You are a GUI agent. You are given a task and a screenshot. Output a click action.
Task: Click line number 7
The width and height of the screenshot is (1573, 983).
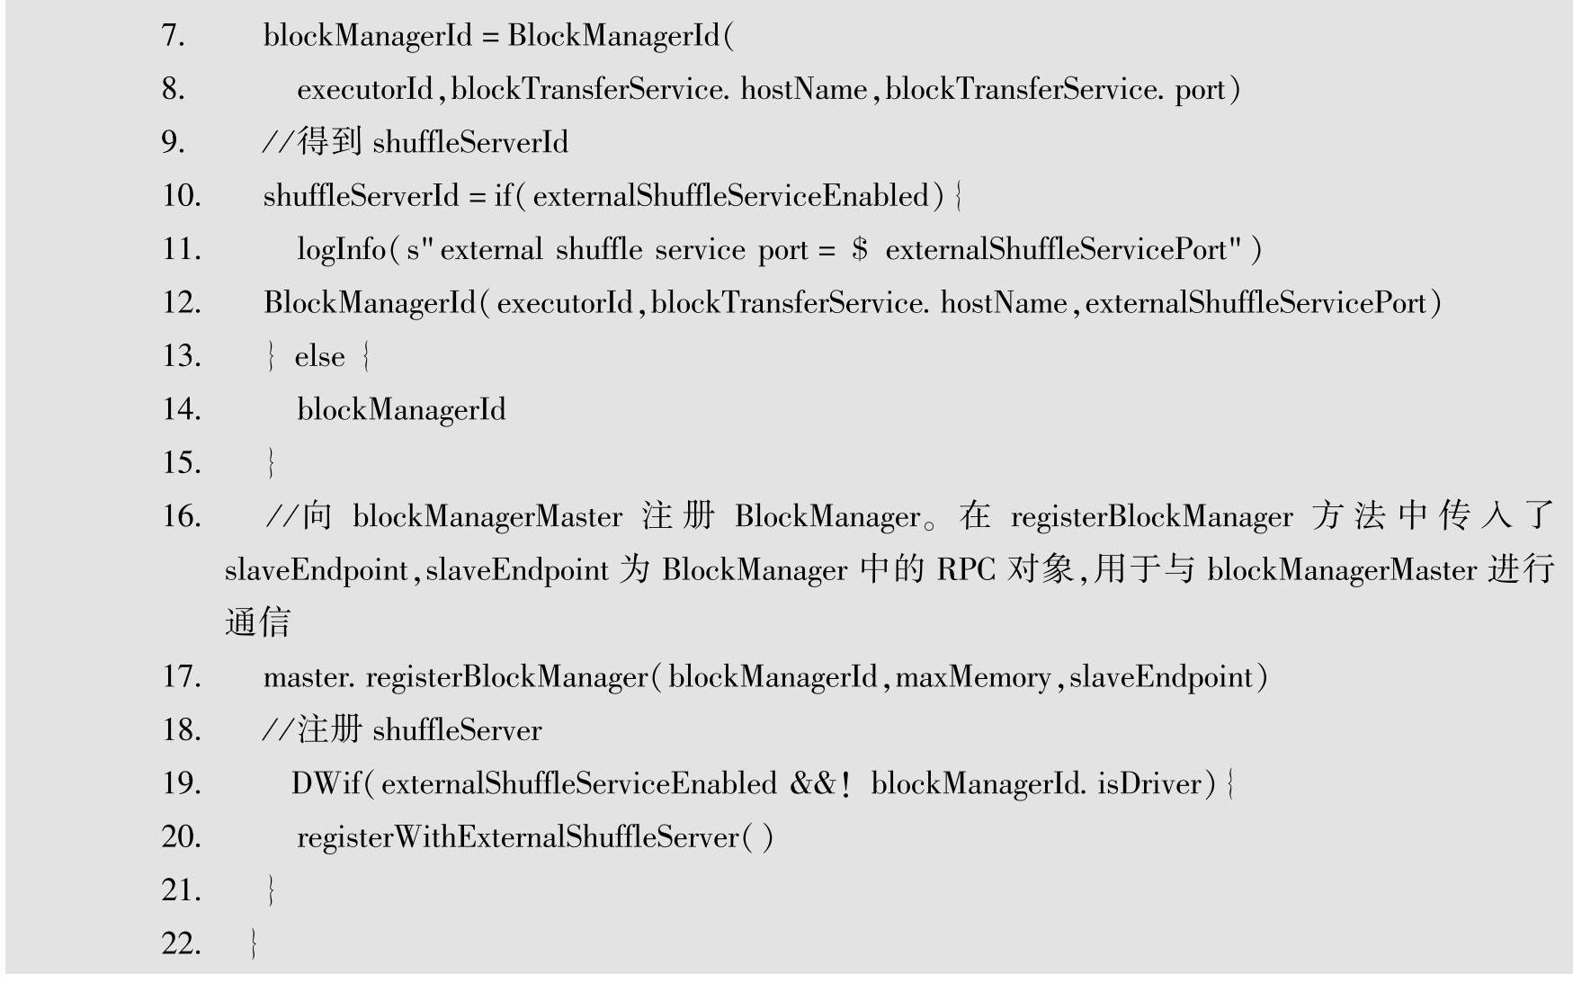(173, 36)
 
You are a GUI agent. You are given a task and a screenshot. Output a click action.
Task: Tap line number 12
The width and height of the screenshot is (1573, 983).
(182, 303)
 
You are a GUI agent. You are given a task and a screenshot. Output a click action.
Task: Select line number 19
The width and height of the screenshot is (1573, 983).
(182, 783)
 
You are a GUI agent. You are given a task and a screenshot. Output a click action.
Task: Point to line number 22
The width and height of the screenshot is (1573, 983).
(182, 943)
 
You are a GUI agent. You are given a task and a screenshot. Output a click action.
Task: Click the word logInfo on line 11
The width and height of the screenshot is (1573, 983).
(341, 249)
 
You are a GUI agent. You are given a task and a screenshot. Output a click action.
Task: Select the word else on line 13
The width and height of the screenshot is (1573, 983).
(319, 357)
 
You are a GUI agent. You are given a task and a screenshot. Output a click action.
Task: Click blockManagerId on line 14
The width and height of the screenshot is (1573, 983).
(401, 410)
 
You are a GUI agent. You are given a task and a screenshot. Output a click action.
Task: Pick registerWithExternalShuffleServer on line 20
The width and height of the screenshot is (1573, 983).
(518, 837)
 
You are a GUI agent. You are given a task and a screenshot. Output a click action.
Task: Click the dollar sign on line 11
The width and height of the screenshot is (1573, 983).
(860, 249)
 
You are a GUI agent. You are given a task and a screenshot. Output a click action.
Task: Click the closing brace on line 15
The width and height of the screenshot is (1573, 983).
(271, 463)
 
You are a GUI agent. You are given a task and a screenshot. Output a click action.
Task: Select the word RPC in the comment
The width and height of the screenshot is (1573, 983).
(966, 570)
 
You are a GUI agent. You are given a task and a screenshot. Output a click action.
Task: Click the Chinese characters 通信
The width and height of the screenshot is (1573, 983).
(257, 622)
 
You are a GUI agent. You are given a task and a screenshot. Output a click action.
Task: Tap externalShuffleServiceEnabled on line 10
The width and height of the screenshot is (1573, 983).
(730, 196)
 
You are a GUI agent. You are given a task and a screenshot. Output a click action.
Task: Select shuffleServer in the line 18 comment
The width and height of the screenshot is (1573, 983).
(457, 730)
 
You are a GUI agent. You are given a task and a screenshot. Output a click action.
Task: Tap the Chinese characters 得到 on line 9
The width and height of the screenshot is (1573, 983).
(329, 142)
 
